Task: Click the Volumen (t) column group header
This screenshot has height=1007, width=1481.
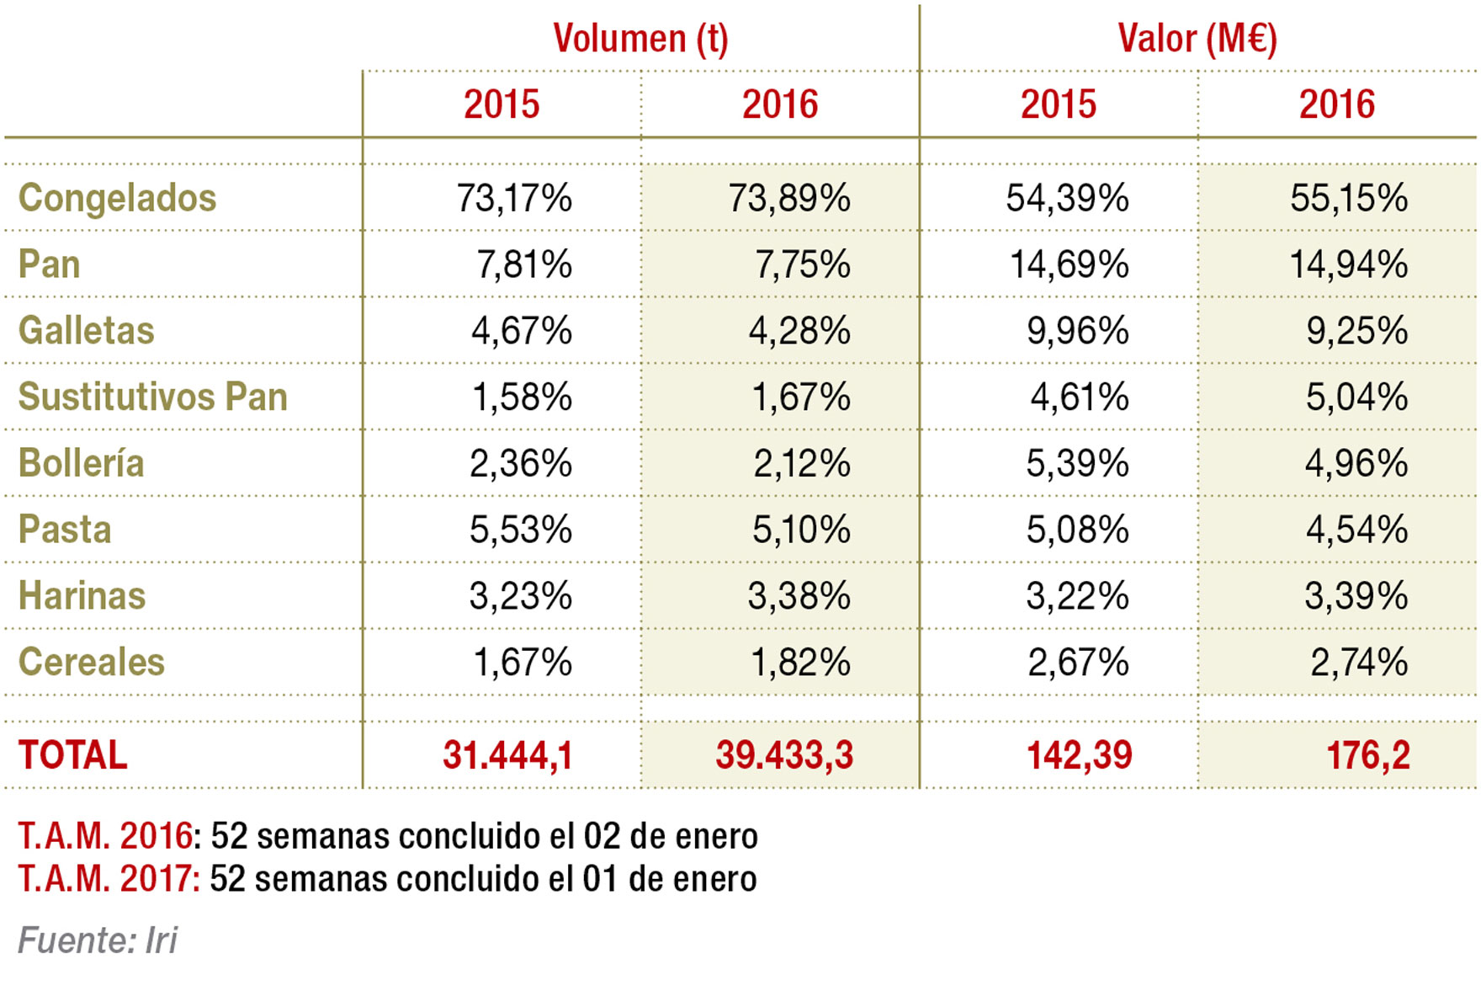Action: [x=640, y=39]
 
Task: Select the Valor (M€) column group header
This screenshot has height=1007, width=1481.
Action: [x=1197, y=39]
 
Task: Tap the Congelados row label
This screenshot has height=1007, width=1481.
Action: [x=117, y=199]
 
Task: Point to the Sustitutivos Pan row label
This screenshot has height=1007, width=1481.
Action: [x=152, y=397]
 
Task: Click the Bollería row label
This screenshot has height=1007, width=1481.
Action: [x=81, y=464]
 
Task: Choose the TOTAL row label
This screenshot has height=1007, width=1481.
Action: [x=72, y=755]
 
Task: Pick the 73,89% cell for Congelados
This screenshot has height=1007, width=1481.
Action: [x=789, y=199]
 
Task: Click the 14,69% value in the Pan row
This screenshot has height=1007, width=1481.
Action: [x=1069, y=265]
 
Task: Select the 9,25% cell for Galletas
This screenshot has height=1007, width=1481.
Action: [x=1356, y=331]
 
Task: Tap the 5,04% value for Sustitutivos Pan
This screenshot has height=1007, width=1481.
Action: [x=1356, y=397]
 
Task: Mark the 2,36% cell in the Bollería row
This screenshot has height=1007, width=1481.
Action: [x=520, y=464]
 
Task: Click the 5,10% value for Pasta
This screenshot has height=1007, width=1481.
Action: [x=800, y=530]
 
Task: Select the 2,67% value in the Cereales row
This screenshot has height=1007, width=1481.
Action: [x=1077, y=663]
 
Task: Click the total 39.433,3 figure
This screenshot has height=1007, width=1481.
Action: [x=784, y=755]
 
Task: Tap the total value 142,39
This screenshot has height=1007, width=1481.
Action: [x=1079, y=755]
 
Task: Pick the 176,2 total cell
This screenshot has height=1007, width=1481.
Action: [x=1367, y=755]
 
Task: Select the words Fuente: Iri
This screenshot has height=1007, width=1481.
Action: [x=98, y=940]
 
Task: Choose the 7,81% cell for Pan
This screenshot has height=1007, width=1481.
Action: [x=524, y=265]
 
